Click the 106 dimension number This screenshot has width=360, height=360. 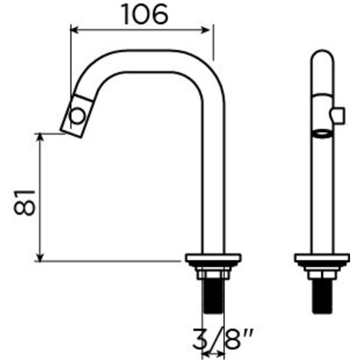point(143,15)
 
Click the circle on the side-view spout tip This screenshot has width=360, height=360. point(76,115)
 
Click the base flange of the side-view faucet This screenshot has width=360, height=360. point(213,258)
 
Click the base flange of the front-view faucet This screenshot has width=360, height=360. point(322,258)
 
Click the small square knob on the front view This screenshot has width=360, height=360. point(337,115)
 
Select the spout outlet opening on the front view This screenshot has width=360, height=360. point(321,133)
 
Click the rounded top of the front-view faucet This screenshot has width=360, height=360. point(321,56)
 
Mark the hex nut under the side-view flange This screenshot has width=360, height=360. point(213,274)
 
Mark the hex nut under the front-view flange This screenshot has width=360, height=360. point(322,274)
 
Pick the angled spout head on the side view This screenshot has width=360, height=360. point(74,115)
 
